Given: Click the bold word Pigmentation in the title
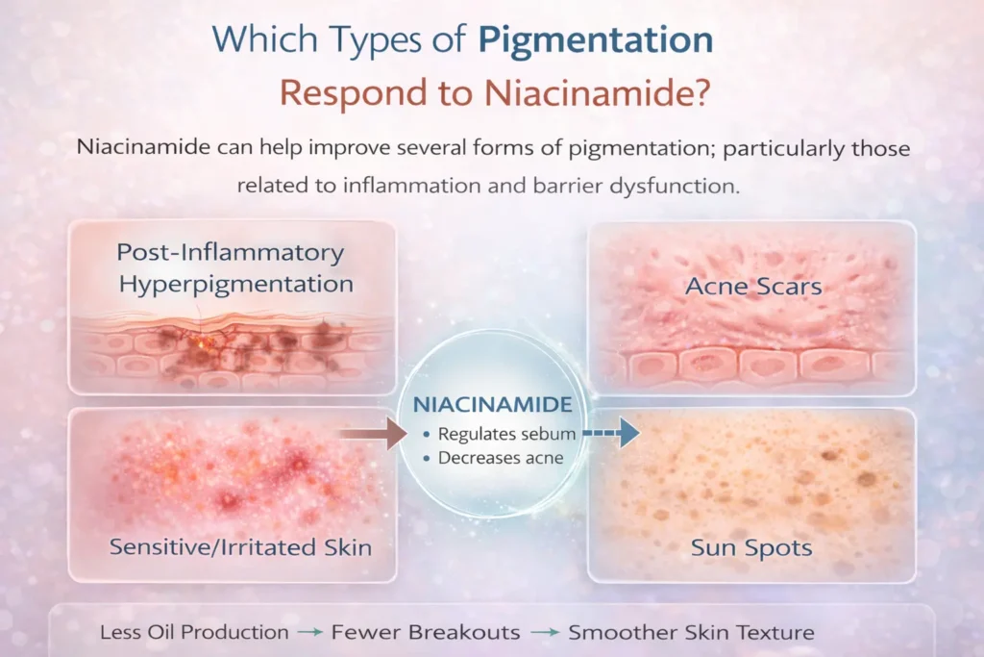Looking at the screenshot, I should tap(596, 41).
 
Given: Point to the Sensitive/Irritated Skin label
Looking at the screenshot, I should tap(240, 547).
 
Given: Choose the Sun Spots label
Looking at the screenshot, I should tap(751, 549).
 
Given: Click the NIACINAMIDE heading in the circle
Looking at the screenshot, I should tap(492, 404).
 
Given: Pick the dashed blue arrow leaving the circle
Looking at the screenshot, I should tap(606, 434).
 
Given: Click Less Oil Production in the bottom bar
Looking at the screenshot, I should tap(194, 632).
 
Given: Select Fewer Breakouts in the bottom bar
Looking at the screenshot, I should tap(427, 632).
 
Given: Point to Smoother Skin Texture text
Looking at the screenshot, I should tap(691, 632).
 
